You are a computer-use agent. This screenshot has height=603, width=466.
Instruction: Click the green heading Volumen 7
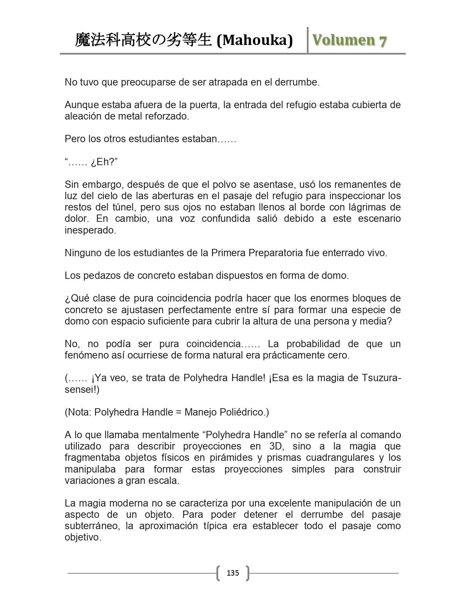click(349, 40)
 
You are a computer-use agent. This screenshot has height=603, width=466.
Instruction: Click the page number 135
click(233, 573)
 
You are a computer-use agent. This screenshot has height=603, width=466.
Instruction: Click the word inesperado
click(90, 230)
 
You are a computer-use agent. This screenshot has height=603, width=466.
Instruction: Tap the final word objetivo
click(83, 538)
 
